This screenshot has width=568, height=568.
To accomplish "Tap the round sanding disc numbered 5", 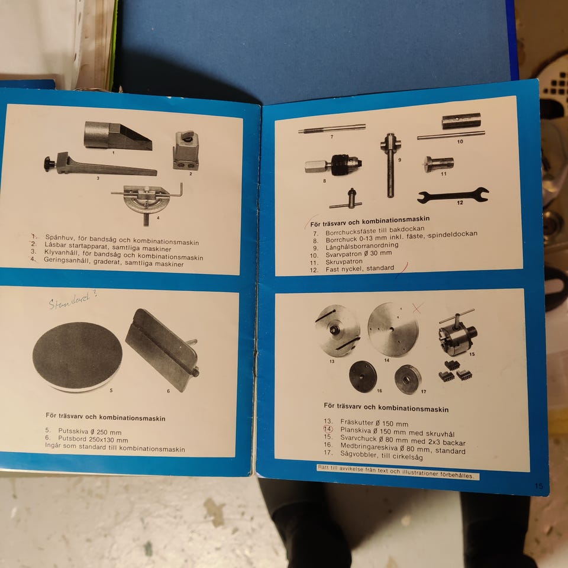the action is pyautogui.click(x=78, y=356).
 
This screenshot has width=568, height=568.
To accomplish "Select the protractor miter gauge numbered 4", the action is pyautogui.click(x=147, y=202).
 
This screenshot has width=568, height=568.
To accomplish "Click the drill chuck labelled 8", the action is pyautogui.click(x=333, y=166).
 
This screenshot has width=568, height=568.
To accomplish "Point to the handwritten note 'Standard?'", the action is pyautogui.click(x=73, y=299).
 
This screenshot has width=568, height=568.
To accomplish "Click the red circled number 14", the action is pyautogui.click(x=328, y=430).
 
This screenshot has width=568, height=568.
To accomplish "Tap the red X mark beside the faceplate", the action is pyautogui.click(x=417, y=308).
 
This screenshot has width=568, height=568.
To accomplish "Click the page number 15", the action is pyautogui.click(x=538, y=486).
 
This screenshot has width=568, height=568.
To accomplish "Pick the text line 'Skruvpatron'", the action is pyautogui.click(x=344, y=262).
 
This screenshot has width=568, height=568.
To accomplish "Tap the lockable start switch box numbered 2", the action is pyautogui.click(x=186, y=151).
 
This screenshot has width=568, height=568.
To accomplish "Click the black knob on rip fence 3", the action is pyautogui.click(x=50, y=163).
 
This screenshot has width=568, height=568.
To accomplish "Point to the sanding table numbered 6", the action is pyautogui.click(x=162, y=350).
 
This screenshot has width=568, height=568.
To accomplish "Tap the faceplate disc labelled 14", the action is pyautogui.click(x=393, y=330).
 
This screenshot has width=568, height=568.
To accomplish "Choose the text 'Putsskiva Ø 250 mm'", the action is pyautogui.click(x=90, y=432).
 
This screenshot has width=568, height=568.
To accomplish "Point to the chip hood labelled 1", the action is pyautogui.click(x=118, y=136).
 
